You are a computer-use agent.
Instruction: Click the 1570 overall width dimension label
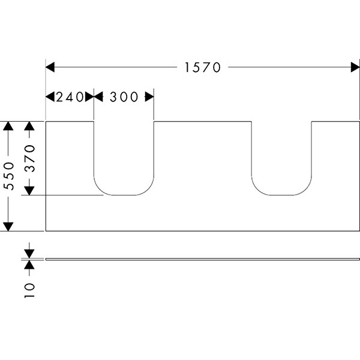click(x=203, y=67)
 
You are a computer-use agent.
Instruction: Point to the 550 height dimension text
click(x=9, y=176)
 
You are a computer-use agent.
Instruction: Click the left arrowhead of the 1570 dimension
click(x=50, y=67)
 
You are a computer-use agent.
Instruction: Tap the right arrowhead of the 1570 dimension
click(x=355, y=67)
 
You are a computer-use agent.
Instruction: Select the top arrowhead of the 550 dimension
click(x=8, y=125)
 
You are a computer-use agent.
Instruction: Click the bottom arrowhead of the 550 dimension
click(x=8, y=226)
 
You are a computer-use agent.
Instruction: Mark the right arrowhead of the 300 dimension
click(x=149, y=97)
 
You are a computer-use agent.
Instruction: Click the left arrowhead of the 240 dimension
click(x=50, y=97)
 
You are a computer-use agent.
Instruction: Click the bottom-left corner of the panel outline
click(x=46, y=230)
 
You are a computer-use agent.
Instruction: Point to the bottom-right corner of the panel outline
click(x=359, y=230)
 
